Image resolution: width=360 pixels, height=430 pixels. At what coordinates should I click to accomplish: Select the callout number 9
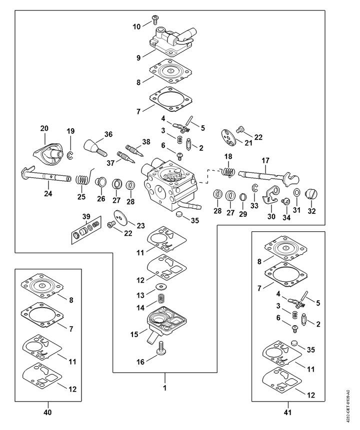point(138,57)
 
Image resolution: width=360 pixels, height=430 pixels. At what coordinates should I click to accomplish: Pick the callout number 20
point(44,128)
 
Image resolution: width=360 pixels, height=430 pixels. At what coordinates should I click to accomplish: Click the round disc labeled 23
point(121,216)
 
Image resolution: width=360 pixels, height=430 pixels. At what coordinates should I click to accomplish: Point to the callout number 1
point(164,388)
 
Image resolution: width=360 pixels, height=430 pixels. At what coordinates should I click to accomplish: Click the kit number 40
point(48,413)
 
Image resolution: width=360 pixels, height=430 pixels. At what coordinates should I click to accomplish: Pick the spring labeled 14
point(161,300)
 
